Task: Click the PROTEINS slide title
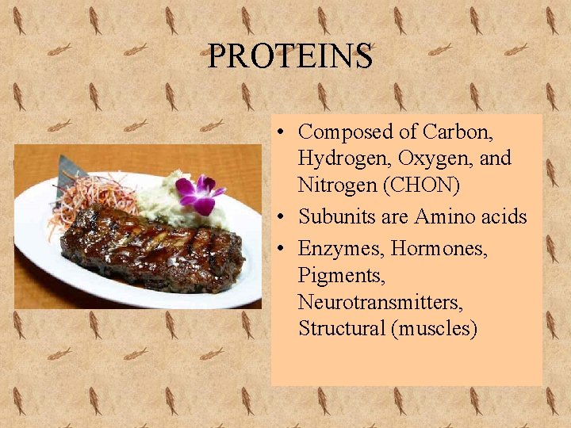pyautogui.click(x=290, y=56)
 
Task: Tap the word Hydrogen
pyautogui.click(x=343, y=159)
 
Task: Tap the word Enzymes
pyautogui.click(x=337, y=249)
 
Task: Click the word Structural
pyautogui.click(x=342, y=328)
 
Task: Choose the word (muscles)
pyautogui.click(x=435, y=328)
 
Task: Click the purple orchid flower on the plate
pyautogui.click(x=198, y=193)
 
